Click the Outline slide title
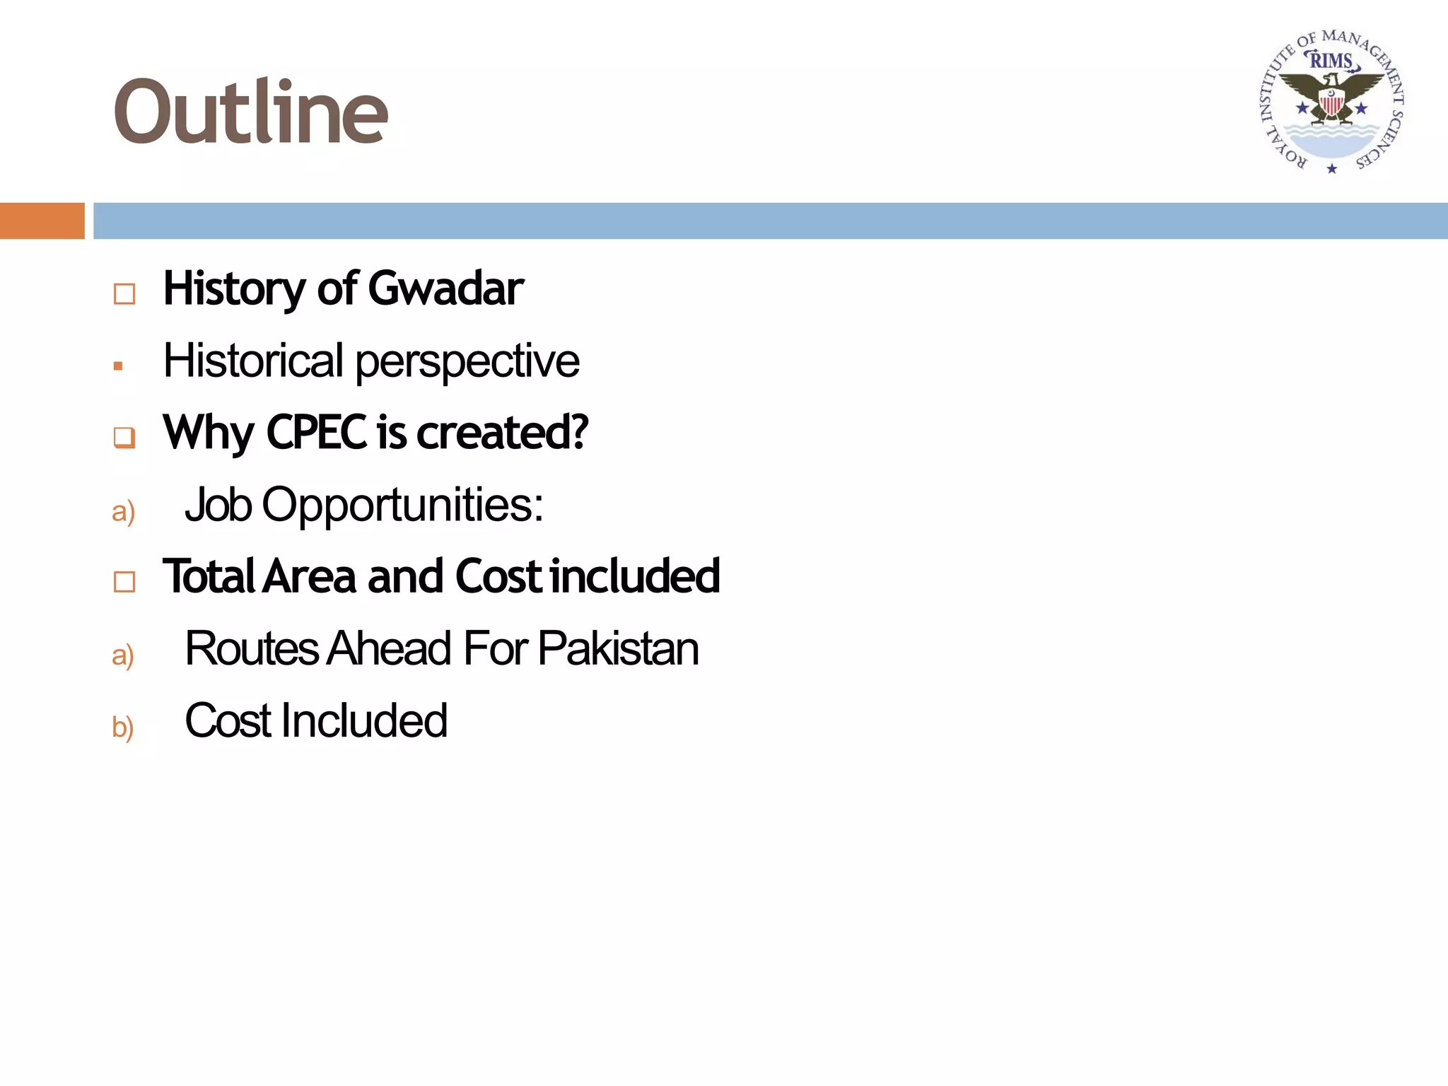coord(250,112)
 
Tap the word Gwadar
coord(445,288)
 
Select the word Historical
coord(253,361)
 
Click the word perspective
coord(467,362)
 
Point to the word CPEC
coord(316,432)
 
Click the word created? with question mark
coord(502,432)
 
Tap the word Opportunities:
coord(402,505)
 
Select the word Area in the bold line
coord(309,576)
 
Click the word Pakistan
coord(618,648)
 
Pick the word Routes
coord(252,648)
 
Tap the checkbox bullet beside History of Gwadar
coord(124,293)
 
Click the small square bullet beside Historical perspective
coord(118,366)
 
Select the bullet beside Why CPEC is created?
coord(124,438)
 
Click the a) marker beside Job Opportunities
coord(123,511)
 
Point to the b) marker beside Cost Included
coord(123,727)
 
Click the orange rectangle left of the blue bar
coord(42,221)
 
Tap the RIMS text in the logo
coord(1331,62)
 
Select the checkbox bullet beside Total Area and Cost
coord(124,582)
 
